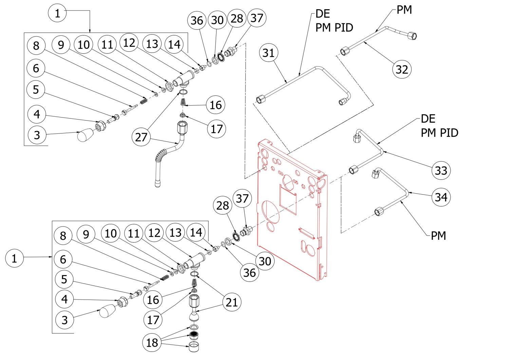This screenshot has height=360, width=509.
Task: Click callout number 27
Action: coord(141,137)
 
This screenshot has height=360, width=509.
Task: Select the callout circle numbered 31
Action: coord(268,53)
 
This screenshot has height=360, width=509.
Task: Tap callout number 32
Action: coord(402,69)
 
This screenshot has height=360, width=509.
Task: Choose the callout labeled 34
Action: coord(441,197)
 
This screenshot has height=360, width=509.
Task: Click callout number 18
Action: coord(152,342)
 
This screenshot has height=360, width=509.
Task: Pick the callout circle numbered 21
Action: coord(232,302)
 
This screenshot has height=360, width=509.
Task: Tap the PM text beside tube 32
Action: coord(404,10)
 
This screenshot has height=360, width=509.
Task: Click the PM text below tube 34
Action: coord(438,235)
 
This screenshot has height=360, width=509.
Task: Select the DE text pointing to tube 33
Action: coord(428,119)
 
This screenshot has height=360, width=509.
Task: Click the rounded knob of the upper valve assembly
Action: coord(85,136)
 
